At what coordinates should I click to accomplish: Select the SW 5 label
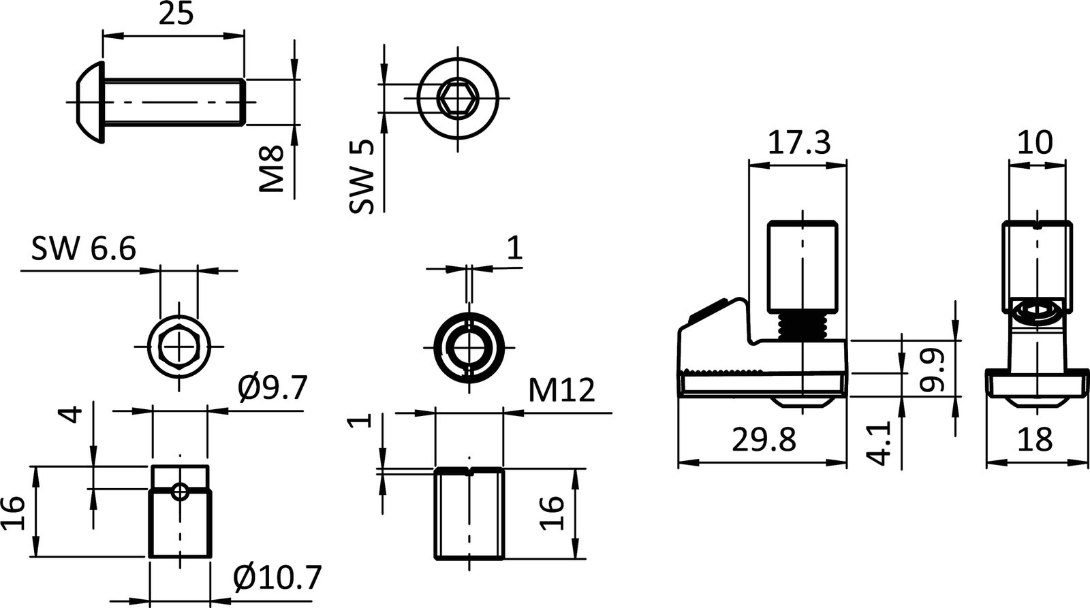(362, 177)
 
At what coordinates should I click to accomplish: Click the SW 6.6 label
(84, 249)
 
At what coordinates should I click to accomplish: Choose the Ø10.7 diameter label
(276, 578)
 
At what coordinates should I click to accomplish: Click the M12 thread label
(561, 391)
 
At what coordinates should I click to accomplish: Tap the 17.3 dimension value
(798, 143)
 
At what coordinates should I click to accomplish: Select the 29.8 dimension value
(764, 441)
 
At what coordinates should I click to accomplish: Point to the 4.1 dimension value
(880, 443)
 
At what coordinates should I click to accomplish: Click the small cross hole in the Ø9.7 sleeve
(179, 491)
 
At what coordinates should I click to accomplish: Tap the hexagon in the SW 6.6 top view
(178, 346)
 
